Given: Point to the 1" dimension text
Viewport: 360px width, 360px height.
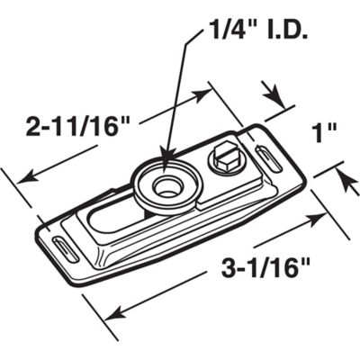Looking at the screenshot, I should coord(326,136).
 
